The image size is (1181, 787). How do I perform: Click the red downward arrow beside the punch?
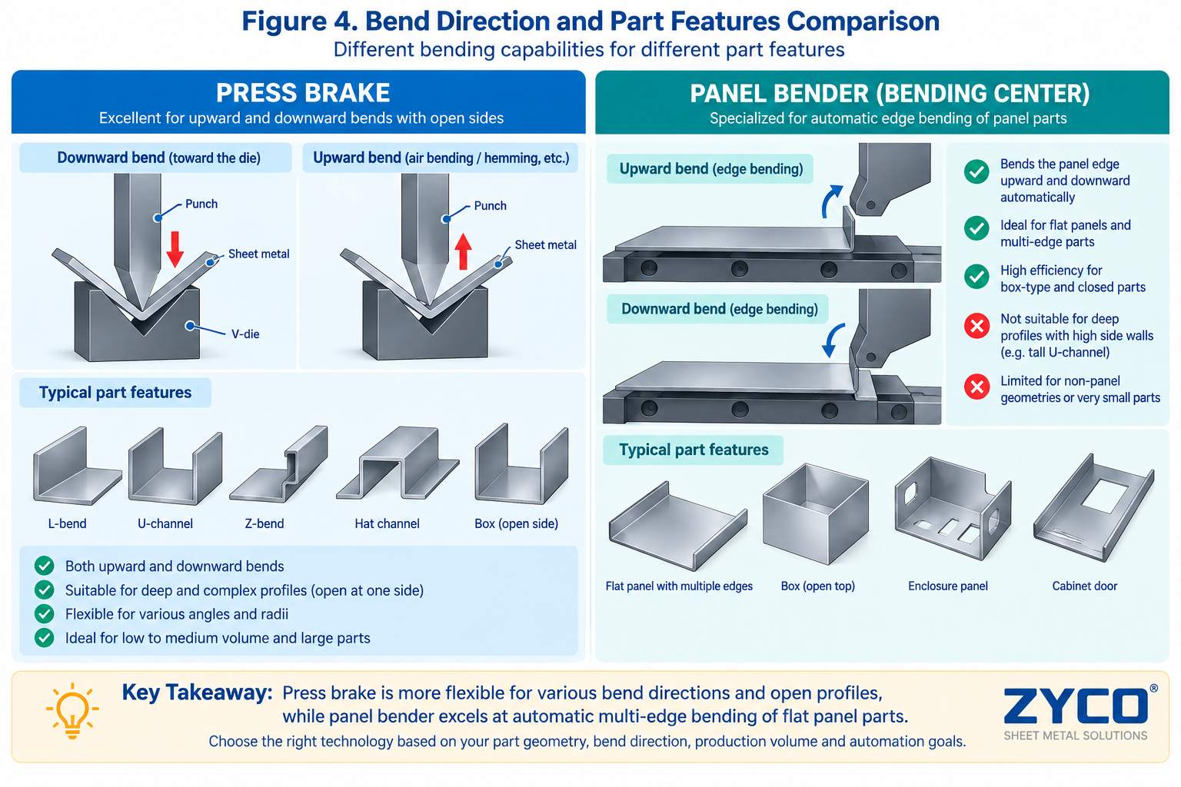[x=175, y=249]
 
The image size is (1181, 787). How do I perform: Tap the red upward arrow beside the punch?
[x=463, y=251]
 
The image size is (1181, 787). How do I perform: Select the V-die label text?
[x=245, y=334]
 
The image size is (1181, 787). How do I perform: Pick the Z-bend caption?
[x=264, y=523]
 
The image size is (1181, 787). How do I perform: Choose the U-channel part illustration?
[x=175, y=466]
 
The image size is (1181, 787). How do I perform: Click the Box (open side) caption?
[x=516, y=523]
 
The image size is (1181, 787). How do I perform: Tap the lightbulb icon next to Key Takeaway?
[x=72, y=709]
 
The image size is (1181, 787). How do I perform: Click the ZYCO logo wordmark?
[x=1076, y=706]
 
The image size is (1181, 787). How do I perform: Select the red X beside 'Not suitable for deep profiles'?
[x=976, y=326]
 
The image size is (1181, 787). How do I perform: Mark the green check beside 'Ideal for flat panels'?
[x=976, y=228]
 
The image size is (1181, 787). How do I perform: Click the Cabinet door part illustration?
[x=1093, y=507]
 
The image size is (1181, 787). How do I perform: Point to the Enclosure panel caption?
[x=947, y=586]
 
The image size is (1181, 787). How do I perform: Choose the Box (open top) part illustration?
[x=815, y=513]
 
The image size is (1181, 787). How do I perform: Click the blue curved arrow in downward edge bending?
[x=833, y=340]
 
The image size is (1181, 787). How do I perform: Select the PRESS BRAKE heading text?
[x=303, y=93]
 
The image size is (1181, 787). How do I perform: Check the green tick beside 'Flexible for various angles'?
[x=45, y=613]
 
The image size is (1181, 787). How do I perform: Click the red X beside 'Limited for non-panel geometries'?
[x=976, y=387]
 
